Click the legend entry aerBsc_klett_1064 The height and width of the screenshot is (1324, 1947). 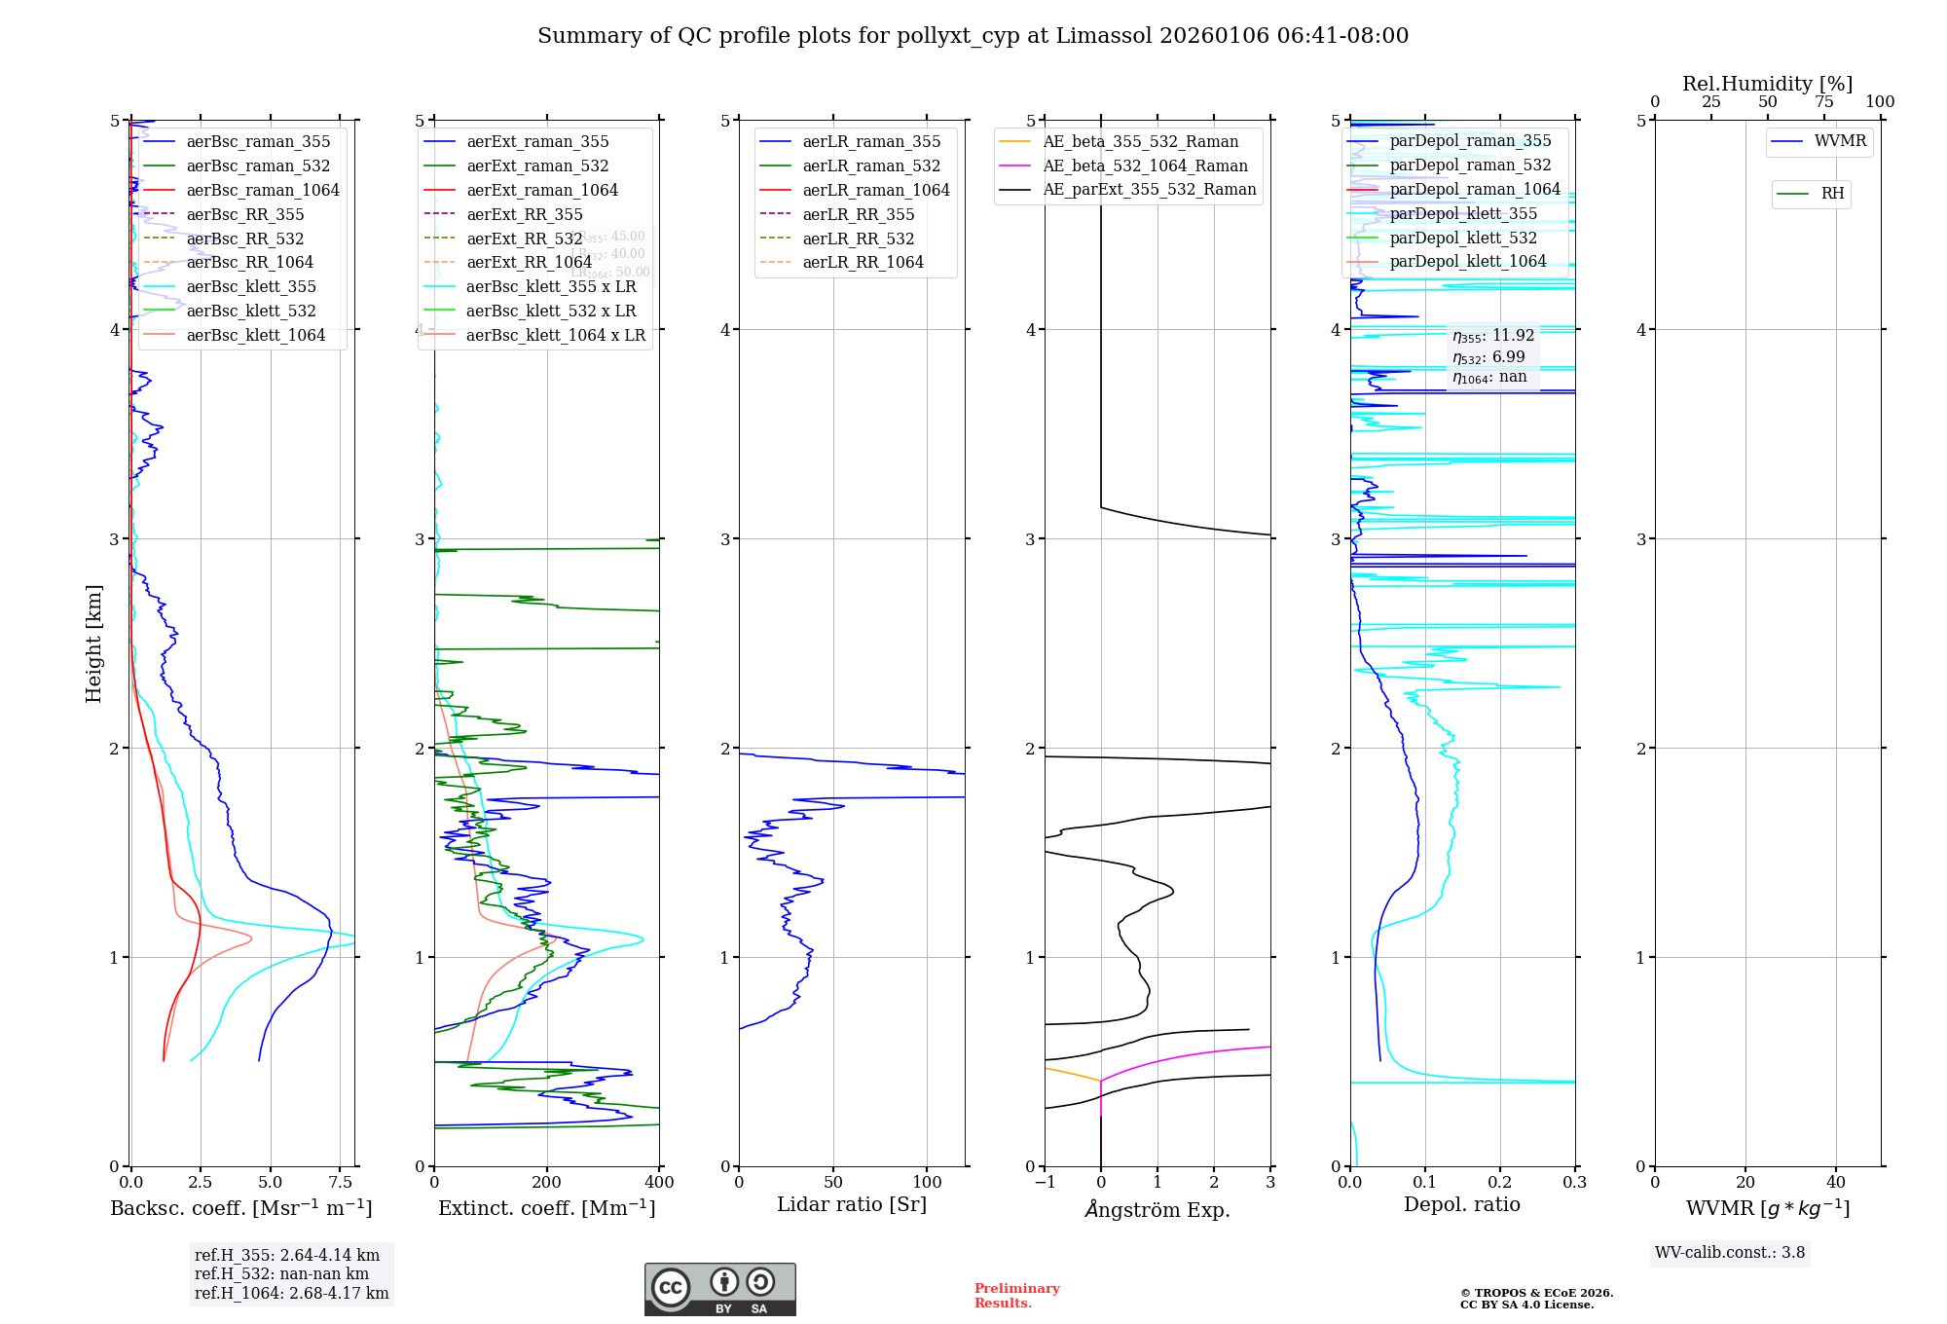[255, 335]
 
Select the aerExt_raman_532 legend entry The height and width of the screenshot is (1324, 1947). [537, 165]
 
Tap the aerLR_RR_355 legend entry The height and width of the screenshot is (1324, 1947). [858, 214]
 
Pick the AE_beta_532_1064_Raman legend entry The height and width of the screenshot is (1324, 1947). [1145, 165]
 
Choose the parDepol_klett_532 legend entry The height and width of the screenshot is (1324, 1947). [1463, 238]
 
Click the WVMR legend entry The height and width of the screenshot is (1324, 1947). [1840, 141]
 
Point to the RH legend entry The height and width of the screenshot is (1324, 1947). [1832, 194]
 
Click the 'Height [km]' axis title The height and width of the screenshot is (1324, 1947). [93, 644]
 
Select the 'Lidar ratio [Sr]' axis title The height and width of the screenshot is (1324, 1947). [852, 1204]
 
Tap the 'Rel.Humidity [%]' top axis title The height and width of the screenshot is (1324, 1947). [1767, 84]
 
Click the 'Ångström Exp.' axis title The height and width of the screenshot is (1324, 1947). [1157, 1209]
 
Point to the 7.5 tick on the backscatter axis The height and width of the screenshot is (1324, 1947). [340, 1183]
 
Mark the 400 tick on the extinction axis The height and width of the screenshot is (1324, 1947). [659, 1183]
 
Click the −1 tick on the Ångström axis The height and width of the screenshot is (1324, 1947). [1045, 1183]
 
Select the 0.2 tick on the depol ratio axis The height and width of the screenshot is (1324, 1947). [1500, 1183]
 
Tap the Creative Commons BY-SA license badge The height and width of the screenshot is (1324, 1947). [719, 1290]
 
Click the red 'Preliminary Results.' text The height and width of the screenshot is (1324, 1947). [1016, 1296]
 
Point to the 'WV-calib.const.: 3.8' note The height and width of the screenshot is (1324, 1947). [1730, 1253]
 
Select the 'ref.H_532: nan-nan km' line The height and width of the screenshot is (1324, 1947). [281, 1273]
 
